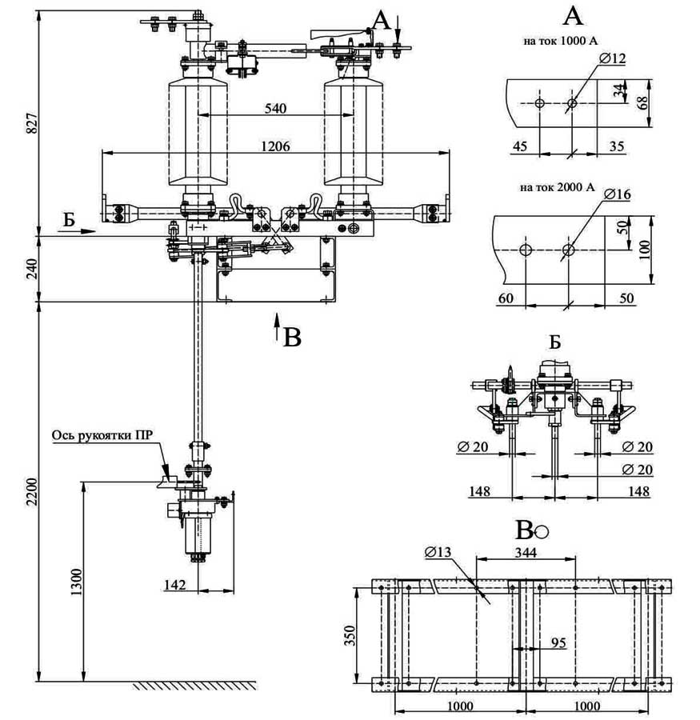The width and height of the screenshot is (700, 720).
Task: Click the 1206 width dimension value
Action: (274, 146)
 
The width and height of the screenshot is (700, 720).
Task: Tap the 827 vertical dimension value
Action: (30, 123)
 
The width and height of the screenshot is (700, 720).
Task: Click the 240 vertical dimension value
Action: (30, 270)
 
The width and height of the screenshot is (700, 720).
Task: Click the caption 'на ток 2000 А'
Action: (557, 188)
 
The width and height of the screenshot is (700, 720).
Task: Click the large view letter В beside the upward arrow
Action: (293, 338)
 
